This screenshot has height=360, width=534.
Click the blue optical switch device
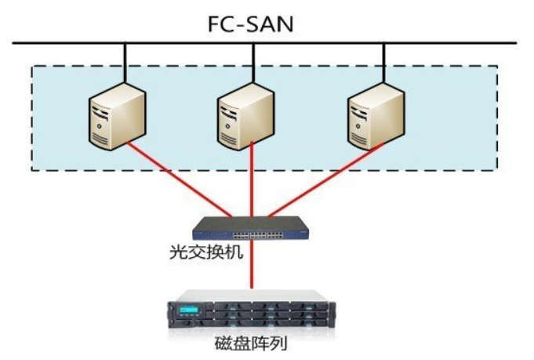[x=251, y=227]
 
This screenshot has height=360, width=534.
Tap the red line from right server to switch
[x=321, y=180]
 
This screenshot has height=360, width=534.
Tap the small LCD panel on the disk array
[x=186, y=311]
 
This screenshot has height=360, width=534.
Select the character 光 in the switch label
[x=177, y=253]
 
